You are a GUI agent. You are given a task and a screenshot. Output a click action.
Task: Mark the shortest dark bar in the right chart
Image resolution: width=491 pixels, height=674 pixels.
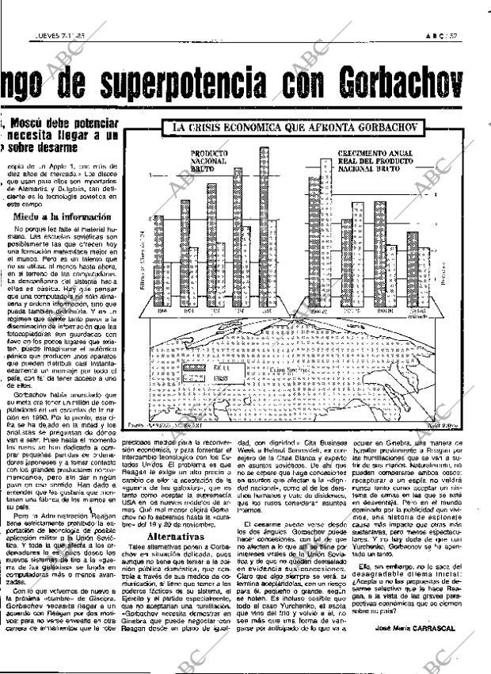point(411,270)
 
